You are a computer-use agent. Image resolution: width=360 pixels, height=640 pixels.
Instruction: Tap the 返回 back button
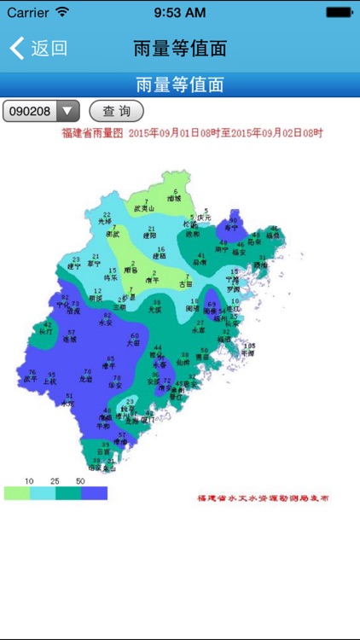(38, 48)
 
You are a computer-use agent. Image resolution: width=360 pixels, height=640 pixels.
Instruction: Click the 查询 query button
(116, 111)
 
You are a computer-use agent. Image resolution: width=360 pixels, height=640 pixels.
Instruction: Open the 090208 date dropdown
(42, 111)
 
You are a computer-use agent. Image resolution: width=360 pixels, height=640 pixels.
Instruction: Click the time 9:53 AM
(179, 12)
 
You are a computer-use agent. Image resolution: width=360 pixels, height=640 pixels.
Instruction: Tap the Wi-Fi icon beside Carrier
(61, 12)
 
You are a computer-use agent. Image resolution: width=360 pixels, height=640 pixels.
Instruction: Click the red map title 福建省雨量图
(93, 134)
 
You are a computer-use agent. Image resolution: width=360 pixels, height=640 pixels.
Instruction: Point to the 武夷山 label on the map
(145, 208)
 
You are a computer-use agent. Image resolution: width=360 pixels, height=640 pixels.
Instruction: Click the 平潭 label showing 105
(248, 351)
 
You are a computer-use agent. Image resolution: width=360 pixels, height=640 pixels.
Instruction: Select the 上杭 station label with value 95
(50, 381)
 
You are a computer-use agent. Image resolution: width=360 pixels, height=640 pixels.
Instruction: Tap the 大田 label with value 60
(134, 341)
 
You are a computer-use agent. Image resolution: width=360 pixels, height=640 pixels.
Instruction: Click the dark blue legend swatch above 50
(94, 493)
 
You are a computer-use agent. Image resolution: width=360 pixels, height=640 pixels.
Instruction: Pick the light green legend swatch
(17, 493)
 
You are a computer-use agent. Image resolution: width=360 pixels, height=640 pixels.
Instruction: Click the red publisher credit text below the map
(263, 498)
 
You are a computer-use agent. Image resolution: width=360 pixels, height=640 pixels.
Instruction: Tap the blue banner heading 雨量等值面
(180, 85)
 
